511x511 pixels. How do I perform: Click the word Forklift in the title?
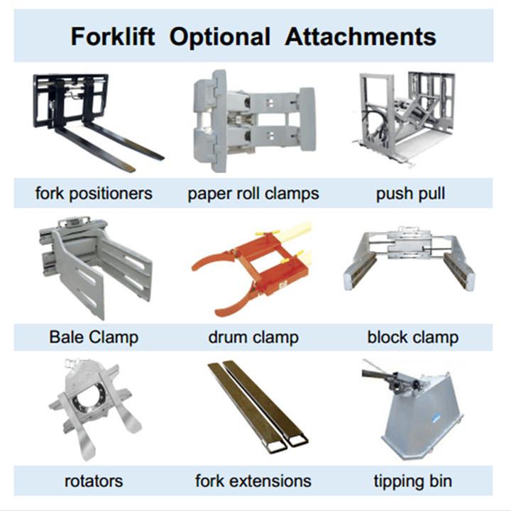tap(112, 36)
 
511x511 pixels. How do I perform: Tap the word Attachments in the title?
tap(361, 36)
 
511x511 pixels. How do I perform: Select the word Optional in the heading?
tap(219, 37)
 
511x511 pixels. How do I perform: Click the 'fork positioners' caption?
tap(94, 193)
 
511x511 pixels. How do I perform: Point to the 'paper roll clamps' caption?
tap(253, 194)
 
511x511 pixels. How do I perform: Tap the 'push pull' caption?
tap(410, 194)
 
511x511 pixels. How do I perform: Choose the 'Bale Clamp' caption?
tap(94, 337)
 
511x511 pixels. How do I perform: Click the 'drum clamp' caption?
tap(253, 337)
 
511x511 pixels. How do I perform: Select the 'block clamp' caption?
tap(413, 337)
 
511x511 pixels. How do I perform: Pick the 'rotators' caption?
tap(94, 481)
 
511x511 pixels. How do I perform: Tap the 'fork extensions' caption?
tap(253, 481)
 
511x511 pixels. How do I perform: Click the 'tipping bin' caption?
tap(413, 481)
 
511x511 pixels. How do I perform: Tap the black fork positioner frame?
tap(70, 101)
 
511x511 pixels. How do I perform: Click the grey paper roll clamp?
tap(254, 121)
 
